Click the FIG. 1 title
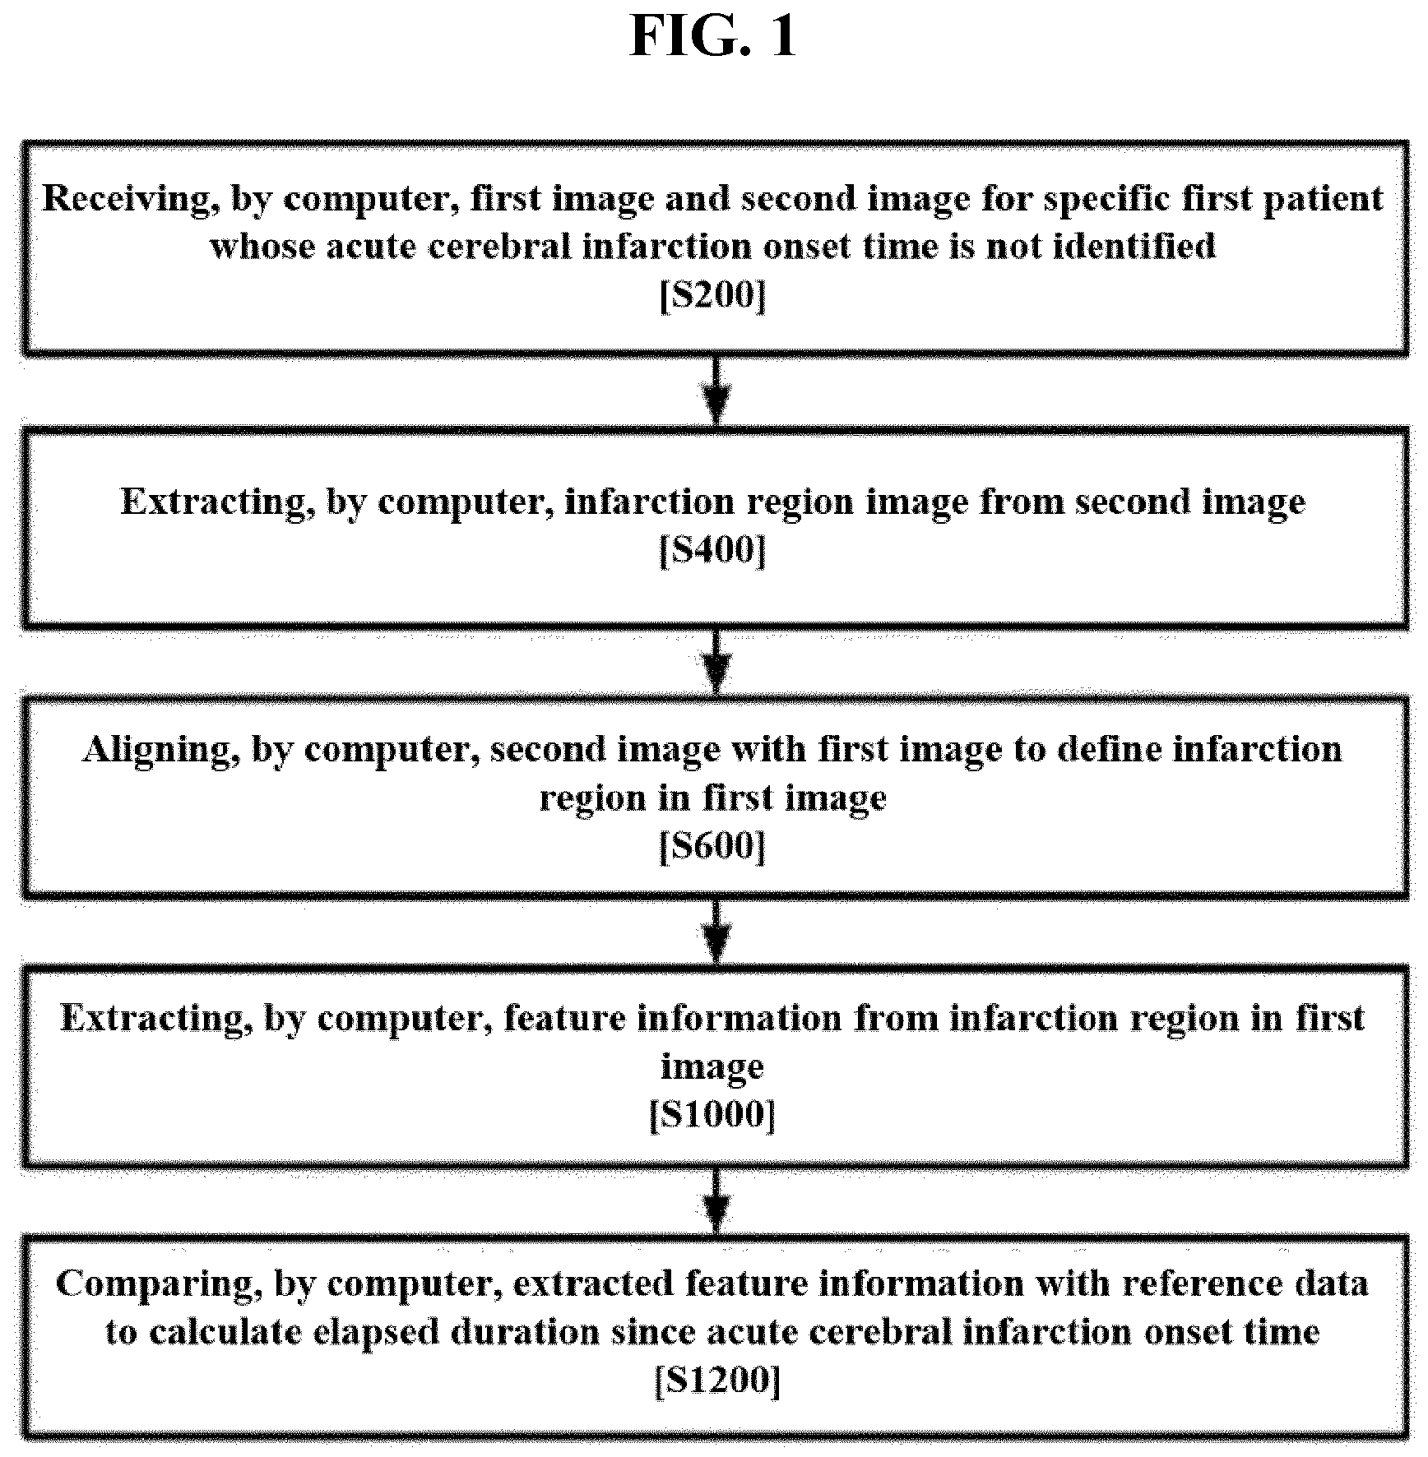(713, 36)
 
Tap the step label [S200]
(713, 295)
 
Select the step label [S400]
(713, 550)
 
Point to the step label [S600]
(713, 846)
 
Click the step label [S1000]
(712, 1116)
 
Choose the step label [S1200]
(717, 1381)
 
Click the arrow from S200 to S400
(717, 392)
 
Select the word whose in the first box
(262, 247)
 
